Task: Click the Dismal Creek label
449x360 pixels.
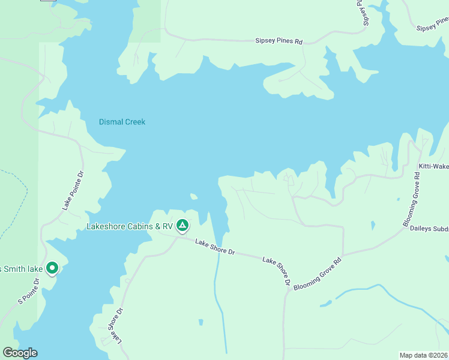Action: (122, 122)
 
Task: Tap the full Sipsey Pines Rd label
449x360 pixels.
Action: (279, 42)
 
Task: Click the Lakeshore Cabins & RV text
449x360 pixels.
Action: (130, 226)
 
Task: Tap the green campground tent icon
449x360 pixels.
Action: (182, 226)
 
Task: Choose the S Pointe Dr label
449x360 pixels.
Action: (29, 290)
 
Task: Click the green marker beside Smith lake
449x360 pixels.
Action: (52, 268)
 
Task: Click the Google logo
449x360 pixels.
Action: (20, 353)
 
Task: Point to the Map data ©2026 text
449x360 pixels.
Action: (424, 355)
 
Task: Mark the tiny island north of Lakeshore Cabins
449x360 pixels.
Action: (194, 196)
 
